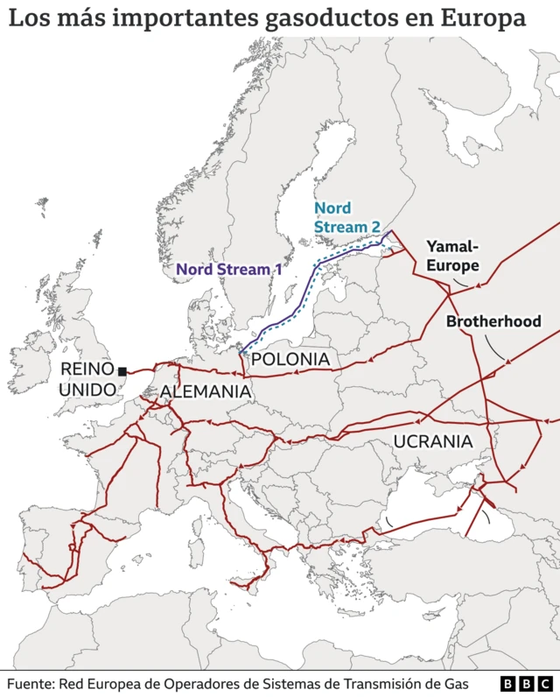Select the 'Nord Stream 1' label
point(234,269)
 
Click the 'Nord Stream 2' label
point(346,217)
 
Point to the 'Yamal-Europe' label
point(452,256)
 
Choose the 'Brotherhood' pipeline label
point(493,321)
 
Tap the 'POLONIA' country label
point(290,360)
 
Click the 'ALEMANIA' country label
point(206,392)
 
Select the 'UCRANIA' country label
point(433,441)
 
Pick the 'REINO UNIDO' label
point(87,379)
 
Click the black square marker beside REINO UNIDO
point(122,371)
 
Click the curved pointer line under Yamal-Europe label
point(460,283)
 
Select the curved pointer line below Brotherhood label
point(499,349)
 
